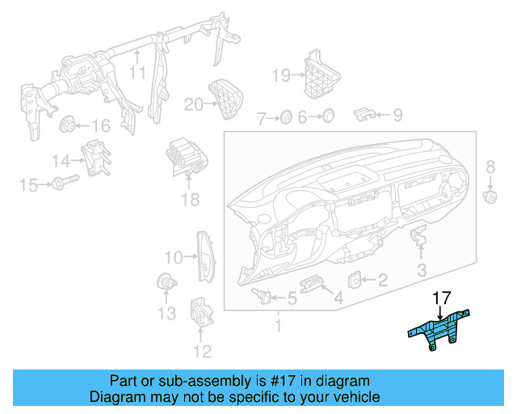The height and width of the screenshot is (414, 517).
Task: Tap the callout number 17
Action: [x=443, y=298]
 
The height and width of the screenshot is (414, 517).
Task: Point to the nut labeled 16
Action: [x=69, y=125]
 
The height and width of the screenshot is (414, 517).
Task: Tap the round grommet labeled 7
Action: [x=285, y=119]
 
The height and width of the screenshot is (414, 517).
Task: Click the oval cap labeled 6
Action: [x=328, y=117]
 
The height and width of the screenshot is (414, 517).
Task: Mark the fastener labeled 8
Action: [x=489, y=196]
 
